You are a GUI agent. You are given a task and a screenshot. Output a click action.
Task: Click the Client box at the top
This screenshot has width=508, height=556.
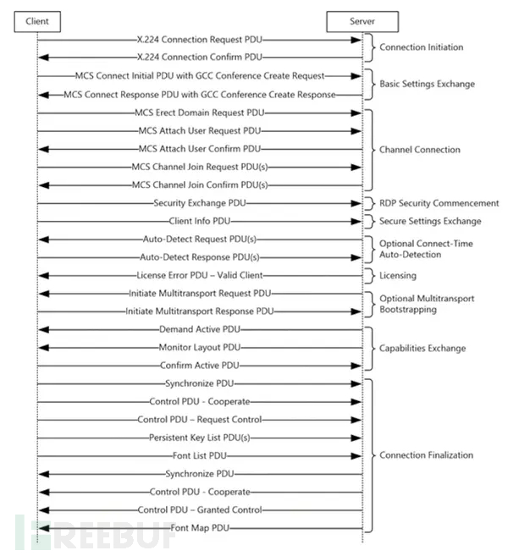tap(37, 19)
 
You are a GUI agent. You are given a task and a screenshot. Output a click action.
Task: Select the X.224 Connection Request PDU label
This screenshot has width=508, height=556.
tap(200, 39)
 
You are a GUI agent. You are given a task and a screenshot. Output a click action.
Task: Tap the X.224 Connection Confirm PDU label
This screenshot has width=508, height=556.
tap(200, 58)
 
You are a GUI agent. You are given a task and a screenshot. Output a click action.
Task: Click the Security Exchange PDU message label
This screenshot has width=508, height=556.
tap(200, 203)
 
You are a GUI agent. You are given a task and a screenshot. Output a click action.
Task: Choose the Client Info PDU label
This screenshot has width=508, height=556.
tap(200, 221)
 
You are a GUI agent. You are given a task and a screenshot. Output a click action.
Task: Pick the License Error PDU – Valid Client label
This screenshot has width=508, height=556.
tap(200, 275)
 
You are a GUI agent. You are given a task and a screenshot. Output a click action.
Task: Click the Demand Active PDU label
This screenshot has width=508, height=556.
tap(200, 329)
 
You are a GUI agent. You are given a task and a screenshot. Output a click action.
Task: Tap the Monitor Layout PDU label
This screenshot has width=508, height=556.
tap(200, 347)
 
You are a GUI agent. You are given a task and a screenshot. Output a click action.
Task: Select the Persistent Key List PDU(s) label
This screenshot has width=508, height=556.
tap(200, 438)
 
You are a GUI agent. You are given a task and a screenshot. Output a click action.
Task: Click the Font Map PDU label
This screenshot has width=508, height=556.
tap(200, 528)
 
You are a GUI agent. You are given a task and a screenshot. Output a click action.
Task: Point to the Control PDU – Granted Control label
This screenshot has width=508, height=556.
tap(200, 509)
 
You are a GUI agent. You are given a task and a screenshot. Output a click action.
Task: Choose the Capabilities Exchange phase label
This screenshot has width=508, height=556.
tap(422, 348)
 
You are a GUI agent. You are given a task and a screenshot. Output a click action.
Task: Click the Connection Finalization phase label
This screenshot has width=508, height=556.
tap(426, 455)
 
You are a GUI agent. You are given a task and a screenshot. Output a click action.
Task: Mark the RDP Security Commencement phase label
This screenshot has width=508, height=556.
tap(439, 203)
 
